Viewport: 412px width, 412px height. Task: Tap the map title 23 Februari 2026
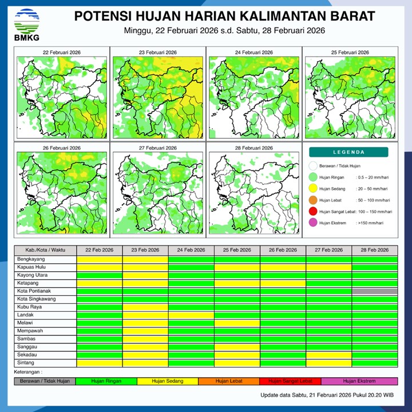point(157,53)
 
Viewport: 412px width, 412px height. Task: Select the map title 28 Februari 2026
point(253,148)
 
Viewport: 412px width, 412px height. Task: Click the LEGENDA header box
point(348,152)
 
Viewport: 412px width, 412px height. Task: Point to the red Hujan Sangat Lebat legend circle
point(312,212)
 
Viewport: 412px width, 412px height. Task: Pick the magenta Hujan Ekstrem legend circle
point(312,223)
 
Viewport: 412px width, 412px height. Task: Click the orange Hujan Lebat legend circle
point(312,200)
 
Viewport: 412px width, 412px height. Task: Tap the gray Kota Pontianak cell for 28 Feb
point(375,291)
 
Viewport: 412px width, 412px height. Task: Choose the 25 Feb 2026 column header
point(237,250)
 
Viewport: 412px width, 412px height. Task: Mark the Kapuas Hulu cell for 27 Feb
point(328,267)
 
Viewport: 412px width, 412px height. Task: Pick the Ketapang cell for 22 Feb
point(99,283)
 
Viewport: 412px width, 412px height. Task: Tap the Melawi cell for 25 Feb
point(237,323)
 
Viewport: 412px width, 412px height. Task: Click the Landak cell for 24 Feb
point(191,315)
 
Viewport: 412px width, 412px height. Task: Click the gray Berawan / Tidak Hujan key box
point(45,381)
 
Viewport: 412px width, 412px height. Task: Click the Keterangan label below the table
point(28,372)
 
